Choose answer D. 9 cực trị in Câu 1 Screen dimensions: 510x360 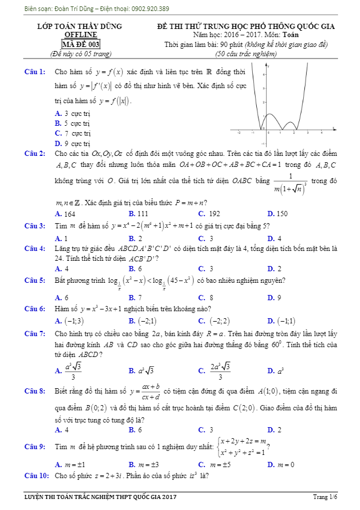click(72, 143)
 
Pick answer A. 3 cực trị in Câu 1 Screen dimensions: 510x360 click(72, 114)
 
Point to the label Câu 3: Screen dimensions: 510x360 click(34, 225)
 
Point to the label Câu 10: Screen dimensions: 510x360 click(35, 476)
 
